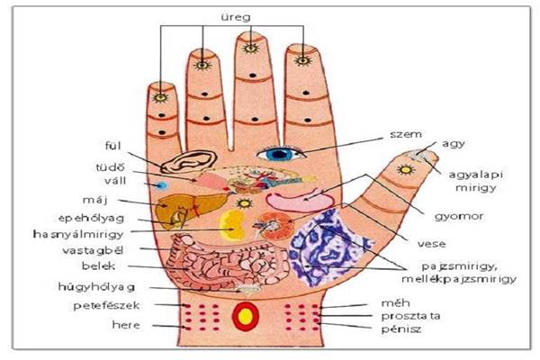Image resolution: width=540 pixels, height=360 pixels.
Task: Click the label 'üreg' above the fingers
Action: pyautogui.click(x=236, y=17)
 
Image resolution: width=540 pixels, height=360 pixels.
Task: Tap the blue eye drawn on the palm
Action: pyautogui.click(x=280, y=154)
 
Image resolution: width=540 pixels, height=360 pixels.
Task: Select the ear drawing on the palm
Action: pyautogui.click(x=189, y=161)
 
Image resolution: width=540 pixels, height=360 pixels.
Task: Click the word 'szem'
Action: pyautogui.click(x=406, y=134)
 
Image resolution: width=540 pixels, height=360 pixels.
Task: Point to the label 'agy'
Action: pyautogui.click(x=454, y=144)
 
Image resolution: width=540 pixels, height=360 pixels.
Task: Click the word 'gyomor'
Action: pyautogui.click(x=459, y=217)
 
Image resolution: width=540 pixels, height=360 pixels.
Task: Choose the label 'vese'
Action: pyautogui.click(x=431, y=244)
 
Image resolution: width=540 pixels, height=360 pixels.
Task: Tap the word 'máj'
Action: pyautogui.click(x=94, y=200)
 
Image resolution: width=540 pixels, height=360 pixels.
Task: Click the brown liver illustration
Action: pyautogui.click(x=189, y=211)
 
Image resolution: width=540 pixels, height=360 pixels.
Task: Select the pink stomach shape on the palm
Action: pyautogui.click(x=299, y=202)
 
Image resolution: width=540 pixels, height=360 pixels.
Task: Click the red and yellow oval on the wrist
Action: pyautogui.click(x=245, y=317)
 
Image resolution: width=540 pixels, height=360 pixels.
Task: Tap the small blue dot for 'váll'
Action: pyautogui.click(x=161, y=186)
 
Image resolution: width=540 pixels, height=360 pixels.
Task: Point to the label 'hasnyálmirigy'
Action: pyautogui.click(x=78, y=234)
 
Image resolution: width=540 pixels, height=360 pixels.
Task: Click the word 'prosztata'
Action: pyautogui.click(x=411, y=316)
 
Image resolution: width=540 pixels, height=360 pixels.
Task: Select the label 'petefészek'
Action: pyautogui.click(x=106, y=306)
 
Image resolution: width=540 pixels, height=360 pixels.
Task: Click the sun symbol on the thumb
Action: pyautogui.click(x=406, y=169)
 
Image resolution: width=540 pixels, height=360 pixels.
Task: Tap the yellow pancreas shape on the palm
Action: pyautogui.click(x=232, y=225)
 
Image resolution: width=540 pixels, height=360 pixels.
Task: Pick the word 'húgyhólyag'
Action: pyautogui.click(x=96, y=287)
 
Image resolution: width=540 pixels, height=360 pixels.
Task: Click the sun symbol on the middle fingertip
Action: pyautogui.click(x=250, y=49)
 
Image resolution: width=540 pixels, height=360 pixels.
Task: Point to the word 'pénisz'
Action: pyautogui.click(x=401, y=329)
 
